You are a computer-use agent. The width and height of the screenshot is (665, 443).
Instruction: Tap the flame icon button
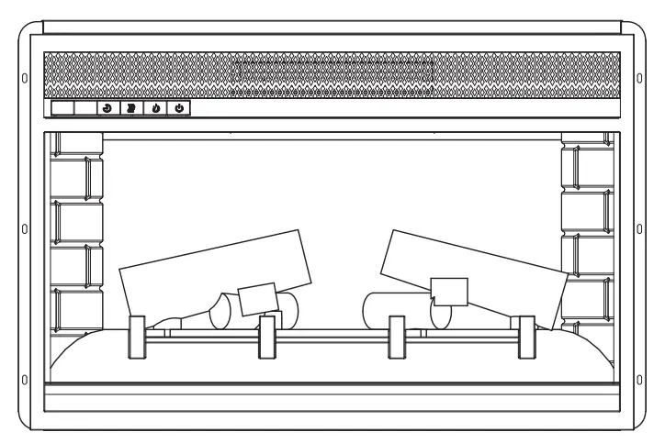(155, 108)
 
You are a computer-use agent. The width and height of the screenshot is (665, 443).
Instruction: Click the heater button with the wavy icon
(131, 108)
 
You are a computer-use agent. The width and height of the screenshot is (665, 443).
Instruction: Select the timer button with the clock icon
(107, 108)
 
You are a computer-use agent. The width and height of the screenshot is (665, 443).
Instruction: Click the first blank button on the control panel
(62, 108)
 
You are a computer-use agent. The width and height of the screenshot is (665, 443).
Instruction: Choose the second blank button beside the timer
(85, 108)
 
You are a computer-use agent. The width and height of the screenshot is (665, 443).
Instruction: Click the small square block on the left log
(256, 300)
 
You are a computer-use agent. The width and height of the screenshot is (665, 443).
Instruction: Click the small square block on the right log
(449, 292)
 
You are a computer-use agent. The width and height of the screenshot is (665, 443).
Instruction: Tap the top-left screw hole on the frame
(24, 76)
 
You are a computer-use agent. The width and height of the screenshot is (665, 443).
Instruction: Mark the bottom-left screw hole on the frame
(24, 380)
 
